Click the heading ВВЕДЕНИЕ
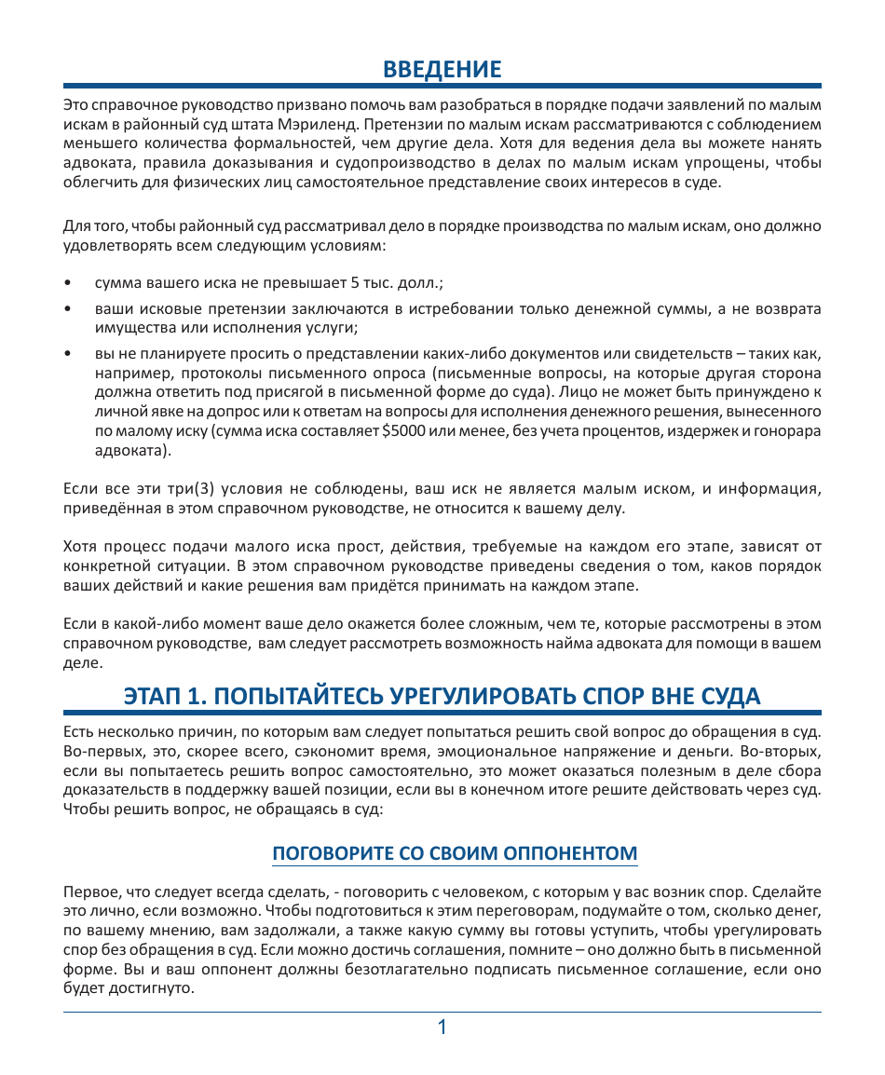[442, 69]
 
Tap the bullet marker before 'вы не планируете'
[67, 354]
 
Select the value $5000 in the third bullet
[401, 432]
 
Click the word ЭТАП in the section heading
[154, 696]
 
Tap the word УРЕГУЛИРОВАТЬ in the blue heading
[482, 696]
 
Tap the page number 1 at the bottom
[442, 1027]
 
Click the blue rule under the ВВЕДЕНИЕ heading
[442, 87]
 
